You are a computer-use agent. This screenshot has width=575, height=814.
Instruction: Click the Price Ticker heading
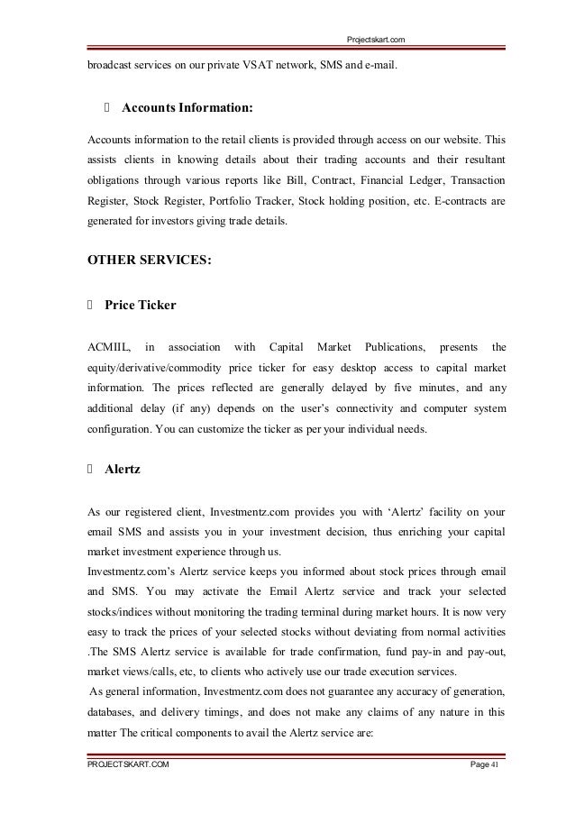click(x=140, y=306)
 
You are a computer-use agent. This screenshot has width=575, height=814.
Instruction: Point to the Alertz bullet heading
click(x=121, y=469)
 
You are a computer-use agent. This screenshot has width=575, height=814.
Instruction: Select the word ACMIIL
click(x=108, y=347)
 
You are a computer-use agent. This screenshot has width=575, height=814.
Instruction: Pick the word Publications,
click(x=392, y=347)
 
